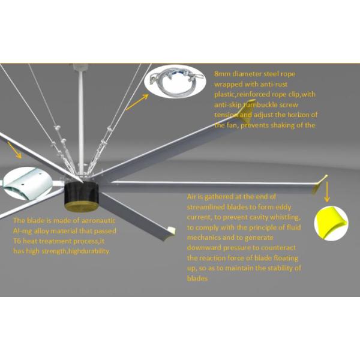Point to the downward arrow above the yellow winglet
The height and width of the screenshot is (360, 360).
coord(326,192)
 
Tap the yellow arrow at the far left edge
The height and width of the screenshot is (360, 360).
coord(13,150)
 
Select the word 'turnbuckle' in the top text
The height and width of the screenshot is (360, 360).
coord(259,104)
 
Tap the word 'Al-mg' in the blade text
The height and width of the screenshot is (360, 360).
coord(23,231)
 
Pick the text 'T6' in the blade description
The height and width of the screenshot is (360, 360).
coord(17,241)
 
